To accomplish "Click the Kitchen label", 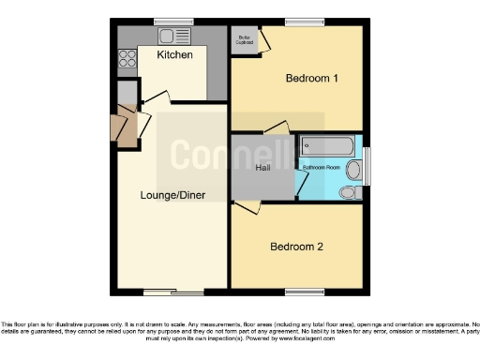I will (174, 55).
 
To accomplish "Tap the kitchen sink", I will (172, 36).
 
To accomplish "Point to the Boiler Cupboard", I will (245, 40).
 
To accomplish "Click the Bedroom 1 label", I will (311, 79).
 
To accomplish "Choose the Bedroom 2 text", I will (296, 247).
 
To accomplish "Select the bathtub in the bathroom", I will (326, 146).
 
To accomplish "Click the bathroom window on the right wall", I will (367, 166).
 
